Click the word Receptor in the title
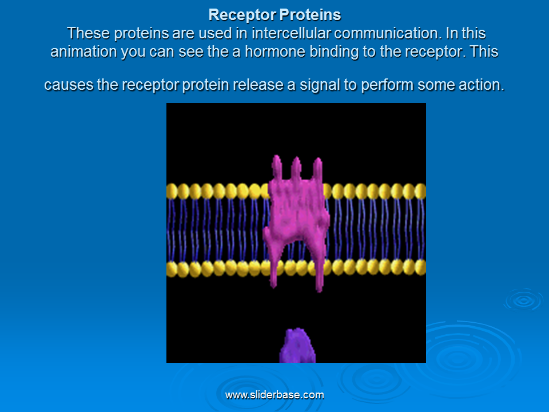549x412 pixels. [x=242, y=15]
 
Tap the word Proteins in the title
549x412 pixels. [x=310, y=15]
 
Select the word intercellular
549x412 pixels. [x=291, y=33]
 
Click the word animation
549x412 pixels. [x=83, y=51]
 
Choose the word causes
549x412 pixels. [x=69, y=85]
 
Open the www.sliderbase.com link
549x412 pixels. [x=274, y=395]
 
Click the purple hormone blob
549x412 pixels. [x=297, y=346]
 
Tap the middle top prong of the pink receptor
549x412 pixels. [x=296, y=168]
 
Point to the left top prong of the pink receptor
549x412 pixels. [x=277, y=167]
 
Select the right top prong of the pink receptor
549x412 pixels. [x=317, y=169]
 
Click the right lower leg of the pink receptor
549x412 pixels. [x=319, y=266]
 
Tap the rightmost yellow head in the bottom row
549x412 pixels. [x=420, y=268]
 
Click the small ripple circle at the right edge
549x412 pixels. [x=524, y=300]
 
